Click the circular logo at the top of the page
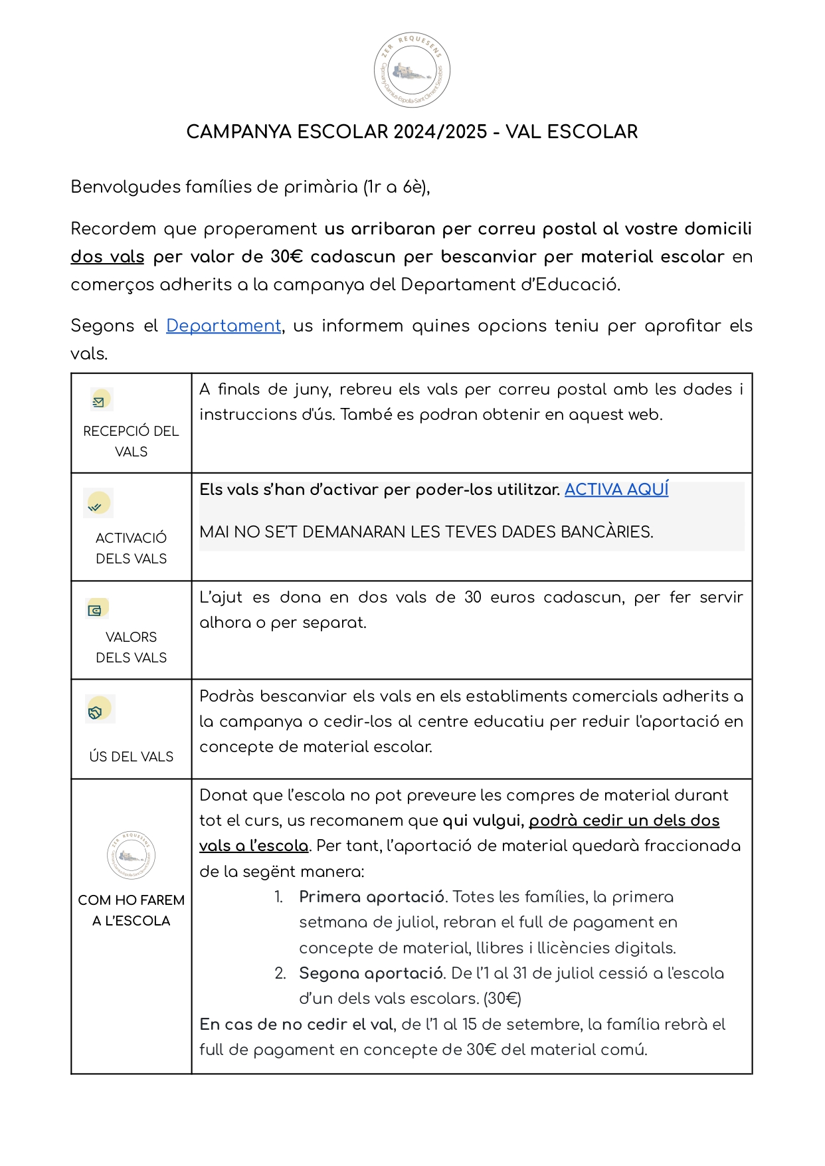(x=412, y=70)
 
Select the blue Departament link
(x=223, y=326)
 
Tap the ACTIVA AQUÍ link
(x=616, y=490)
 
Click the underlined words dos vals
(x=108, y=257)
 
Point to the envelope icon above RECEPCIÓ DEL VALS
(x=101, y=400)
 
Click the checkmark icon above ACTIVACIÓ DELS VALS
(x=98, y=504)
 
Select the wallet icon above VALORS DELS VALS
(x=97, y=609)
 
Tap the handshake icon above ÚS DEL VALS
(x=99, y=709)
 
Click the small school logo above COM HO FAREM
(x=131, y=855)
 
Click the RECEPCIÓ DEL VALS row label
(x=131, y=441)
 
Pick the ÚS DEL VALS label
(x=131, y=757)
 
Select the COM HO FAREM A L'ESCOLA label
(x=131, y=910)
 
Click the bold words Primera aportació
(x=371, y=897)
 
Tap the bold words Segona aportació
(x=371, y=973)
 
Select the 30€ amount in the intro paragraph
(x=286, y=257)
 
